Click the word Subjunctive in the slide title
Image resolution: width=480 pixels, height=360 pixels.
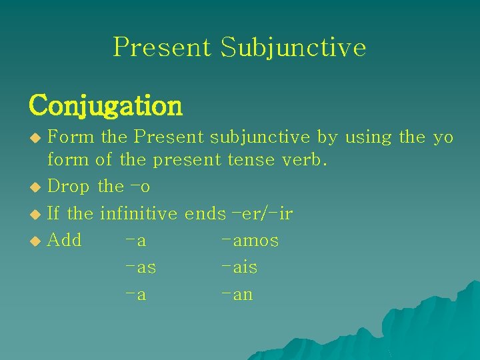coord(293,47)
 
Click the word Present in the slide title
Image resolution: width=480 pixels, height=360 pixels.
coord(162,47)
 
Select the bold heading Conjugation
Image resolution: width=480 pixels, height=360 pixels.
coord(105,105)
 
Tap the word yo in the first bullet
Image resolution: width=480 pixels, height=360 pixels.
coord(443,137)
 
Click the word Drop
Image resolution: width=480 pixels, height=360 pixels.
coord(69,187)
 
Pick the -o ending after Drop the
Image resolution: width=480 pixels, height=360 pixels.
coord(141,187)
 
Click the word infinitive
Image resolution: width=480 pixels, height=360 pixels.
coord(139,214)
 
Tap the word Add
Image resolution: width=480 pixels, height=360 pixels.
coord(65,240)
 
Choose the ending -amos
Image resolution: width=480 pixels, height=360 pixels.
coord(250,241)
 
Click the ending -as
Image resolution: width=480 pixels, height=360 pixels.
coord(141,268)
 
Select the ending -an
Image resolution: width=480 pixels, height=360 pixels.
coord(237,295)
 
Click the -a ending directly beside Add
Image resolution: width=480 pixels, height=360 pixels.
coord(136,241)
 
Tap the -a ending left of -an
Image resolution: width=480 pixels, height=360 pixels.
coord(136,295)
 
